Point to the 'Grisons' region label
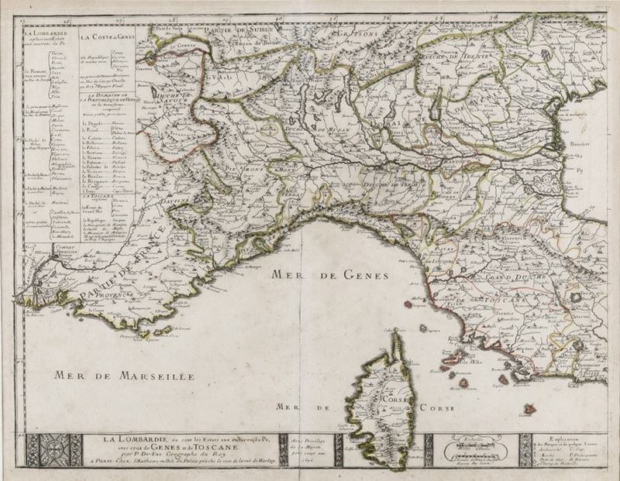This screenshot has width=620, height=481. tap(360, 35)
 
